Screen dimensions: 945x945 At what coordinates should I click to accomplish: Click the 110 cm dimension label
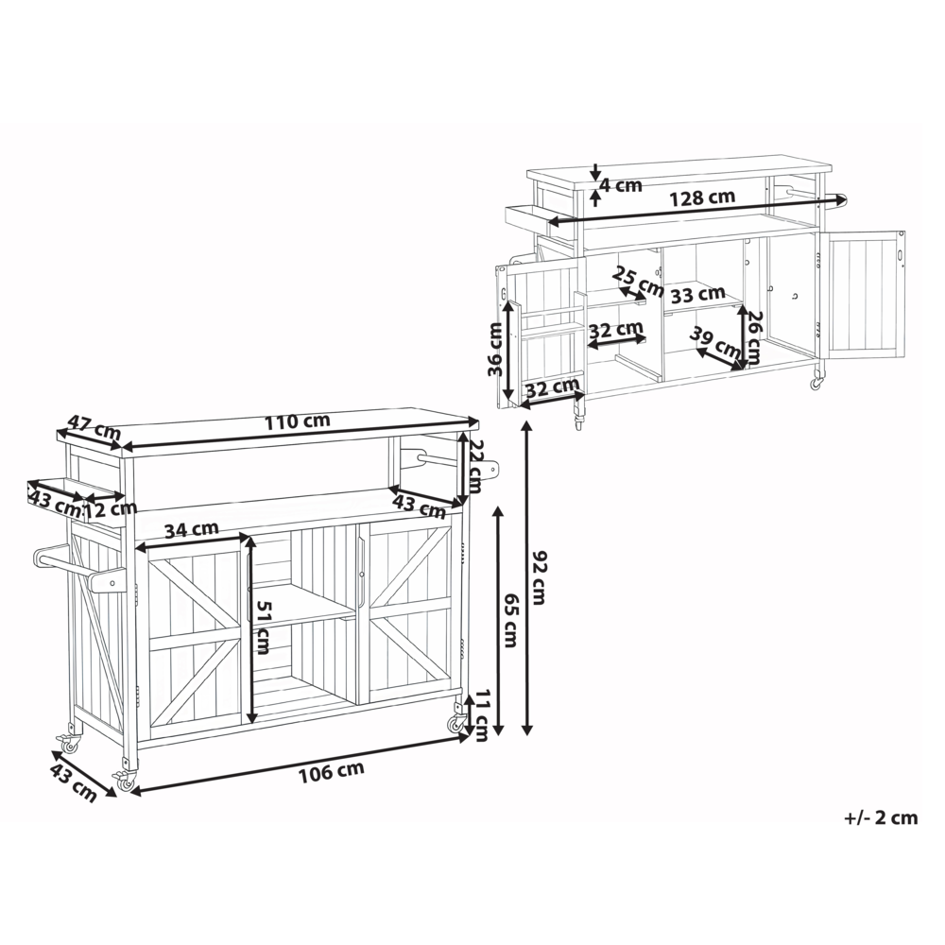click(297, 421)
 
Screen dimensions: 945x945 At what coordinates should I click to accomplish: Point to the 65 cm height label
click(510, 620)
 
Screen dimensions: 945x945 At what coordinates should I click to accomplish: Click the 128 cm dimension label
click(703, 198)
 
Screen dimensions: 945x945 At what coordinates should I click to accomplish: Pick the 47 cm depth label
click(94, 426)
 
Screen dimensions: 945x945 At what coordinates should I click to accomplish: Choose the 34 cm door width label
click(191, 530)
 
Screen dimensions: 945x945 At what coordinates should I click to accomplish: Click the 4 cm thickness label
click(621, 185)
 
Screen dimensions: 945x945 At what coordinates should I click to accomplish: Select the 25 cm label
click(638, 282)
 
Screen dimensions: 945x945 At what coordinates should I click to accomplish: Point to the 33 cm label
click(697, 295)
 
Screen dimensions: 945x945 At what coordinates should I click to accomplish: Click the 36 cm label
click(495, 349)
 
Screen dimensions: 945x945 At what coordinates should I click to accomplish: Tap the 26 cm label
click(754, 337)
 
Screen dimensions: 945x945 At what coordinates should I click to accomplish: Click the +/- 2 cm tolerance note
click(881, 817)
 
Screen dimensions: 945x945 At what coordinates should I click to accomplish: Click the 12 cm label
click(111, 509)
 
